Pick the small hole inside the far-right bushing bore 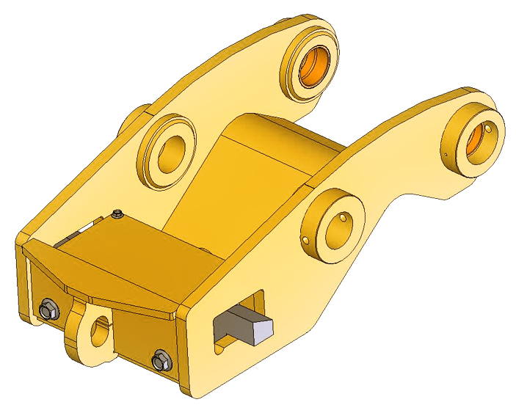485,131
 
